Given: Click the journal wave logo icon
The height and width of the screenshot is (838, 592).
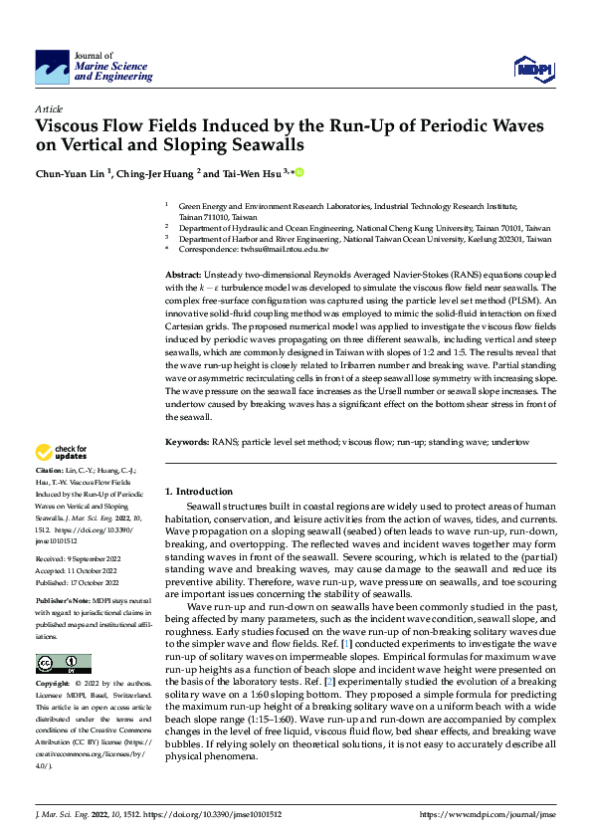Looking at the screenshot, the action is coord(53,67).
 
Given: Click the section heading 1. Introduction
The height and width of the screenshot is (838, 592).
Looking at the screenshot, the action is coord(199,492).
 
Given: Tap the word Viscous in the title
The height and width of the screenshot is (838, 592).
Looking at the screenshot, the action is coord(74,126).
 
